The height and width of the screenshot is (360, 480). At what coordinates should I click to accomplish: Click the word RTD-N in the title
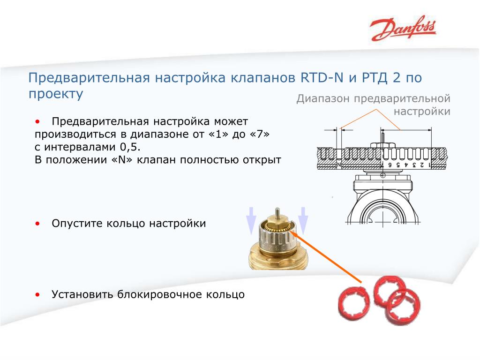click(322, 77)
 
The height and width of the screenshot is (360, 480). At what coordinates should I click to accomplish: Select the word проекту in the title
click(56, 94)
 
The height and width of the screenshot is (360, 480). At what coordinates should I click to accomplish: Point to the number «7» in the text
click(260, 134)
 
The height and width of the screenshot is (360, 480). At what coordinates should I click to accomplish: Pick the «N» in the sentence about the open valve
click(122, 160)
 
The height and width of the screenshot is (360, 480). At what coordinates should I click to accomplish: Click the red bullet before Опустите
click(37, 224)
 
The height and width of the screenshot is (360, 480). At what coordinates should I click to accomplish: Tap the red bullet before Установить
click(37, 295)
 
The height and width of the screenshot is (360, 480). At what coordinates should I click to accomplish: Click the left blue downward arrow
click(251, 220)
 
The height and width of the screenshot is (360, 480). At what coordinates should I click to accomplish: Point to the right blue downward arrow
click(303, 220)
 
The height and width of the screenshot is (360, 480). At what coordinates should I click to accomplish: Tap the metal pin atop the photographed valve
click(277, 213)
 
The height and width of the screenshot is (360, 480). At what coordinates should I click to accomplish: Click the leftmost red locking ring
click(353, 302)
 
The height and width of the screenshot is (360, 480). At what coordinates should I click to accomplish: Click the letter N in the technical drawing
click(339, 165)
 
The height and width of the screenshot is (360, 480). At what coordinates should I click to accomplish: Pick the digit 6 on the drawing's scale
click(390, 165)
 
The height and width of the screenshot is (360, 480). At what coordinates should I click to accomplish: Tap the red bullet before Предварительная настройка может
click(37, 122)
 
